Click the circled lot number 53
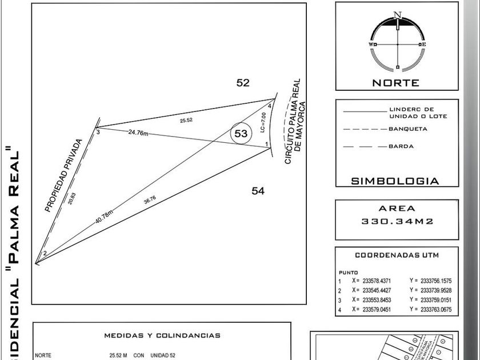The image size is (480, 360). [x=241, y=134]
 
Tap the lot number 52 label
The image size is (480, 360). [x=243, y=83]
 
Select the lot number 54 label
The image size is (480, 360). [x=258, y=191]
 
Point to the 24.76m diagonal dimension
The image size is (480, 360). [x=138, y=133]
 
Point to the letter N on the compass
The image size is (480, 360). [x=397, y=15]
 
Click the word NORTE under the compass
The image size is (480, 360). [x=396, y=83]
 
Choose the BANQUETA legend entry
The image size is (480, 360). [x=408, y=129]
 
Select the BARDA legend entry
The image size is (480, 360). [x=401, y=147]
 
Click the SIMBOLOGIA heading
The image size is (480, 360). [x=395, y=181]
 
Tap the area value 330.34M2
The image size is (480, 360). [x=397, y=221]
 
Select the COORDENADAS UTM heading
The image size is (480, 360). [x=397, y=255]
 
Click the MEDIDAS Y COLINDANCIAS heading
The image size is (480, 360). [x=162, y=335]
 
